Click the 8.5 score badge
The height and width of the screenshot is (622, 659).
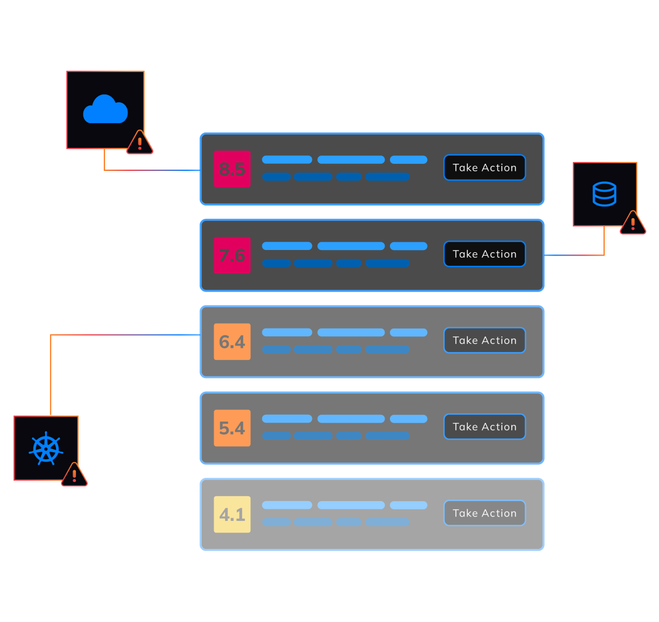pos(232,169)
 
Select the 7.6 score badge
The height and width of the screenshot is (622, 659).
pos(232,255)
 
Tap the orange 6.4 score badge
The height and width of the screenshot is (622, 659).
pos(232,341)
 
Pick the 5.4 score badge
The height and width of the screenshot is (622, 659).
pos(232,427)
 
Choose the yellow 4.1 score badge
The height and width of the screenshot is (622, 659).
pos(232,514)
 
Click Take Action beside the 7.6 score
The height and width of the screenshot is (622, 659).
pos(484,254)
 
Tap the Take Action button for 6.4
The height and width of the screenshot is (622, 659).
pos(484,340)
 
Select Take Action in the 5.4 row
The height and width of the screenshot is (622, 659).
pos(484,426)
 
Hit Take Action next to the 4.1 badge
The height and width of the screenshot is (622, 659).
pos(484,513)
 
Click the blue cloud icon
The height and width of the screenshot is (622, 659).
pos(105,109)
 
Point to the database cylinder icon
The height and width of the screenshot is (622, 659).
pos(604,194)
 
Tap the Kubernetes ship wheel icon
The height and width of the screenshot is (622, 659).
pos(46,448)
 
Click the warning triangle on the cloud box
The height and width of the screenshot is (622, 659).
pos(139,143)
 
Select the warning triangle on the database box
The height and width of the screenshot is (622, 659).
pos(633,223)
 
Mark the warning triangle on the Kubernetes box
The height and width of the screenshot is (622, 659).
pos(74,475)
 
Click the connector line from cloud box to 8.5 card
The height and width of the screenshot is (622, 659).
pos(154,170)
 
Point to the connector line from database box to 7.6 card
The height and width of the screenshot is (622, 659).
pos(574,255)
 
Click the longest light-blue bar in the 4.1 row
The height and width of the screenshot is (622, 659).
pos(351,505)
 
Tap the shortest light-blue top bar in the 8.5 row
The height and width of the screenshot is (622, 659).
pos(408,159)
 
